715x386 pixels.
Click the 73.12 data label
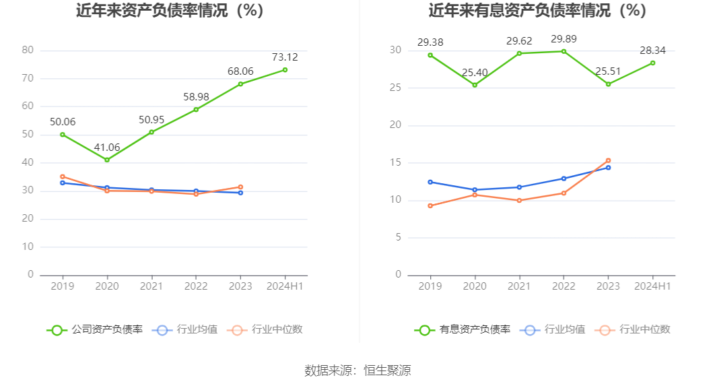coord(285,57)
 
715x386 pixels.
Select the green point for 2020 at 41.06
coord(107,160)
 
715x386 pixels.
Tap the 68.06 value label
coord(240,71)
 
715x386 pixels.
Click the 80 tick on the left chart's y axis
coord(28,50)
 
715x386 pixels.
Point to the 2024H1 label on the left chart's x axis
coord(285,286)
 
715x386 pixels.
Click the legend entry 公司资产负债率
coord(94,329)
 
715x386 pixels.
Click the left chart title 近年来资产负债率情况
coord(170,11)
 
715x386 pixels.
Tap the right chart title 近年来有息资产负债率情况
coord(537,11)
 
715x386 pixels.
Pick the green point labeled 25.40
coord(475,85)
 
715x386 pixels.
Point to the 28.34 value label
coord(652,51)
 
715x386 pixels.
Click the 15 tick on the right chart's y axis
coord(395,162)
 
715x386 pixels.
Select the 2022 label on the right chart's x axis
coord(564,286)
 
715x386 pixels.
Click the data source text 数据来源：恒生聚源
coord(357,370)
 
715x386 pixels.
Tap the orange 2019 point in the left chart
coord(63,176)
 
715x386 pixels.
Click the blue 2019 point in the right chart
coord(430,182)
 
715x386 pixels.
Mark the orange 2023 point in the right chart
coord(608,160)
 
